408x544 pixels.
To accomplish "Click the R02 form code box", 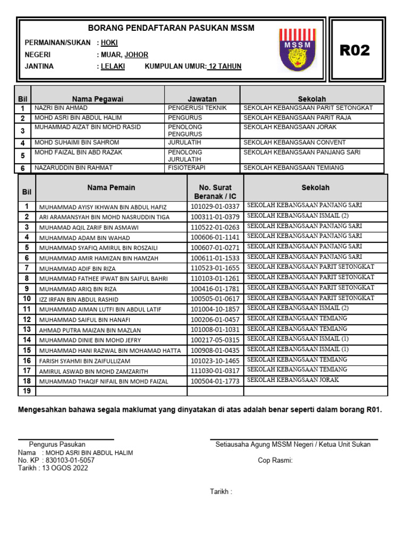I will point(354,50).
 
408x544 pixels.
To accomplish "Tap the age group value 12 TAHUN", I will point(225,66).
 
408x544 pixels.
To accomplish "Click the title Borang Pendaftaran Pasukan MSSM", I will point(171,28).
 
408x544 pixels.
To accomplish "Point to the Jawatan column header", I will point(202,99).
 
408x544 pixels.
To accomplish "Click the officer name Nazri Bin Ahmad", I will point(61,108).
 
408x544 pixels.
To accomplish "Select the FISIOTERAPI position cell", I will point(186,168).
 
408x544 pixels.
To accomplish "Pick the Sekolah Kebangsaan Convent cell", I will point(294,142).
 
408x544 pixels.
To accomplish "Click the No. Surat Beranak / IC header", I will point(215,192).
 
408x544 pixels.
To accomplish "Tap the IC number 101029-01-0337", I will point(215,207).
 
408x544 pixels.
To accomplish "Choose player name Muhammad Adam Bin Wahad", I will point(84,237).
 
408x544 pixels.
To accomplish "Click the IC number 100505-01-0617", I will point(215,299).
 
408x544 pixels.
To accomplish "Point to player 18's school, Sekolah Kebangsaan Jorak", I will point(293,380).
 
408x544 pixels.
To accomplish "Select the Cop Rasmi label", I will point(275,461).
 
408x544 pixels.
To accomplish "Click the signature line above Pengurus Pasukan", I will point(66,439).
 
